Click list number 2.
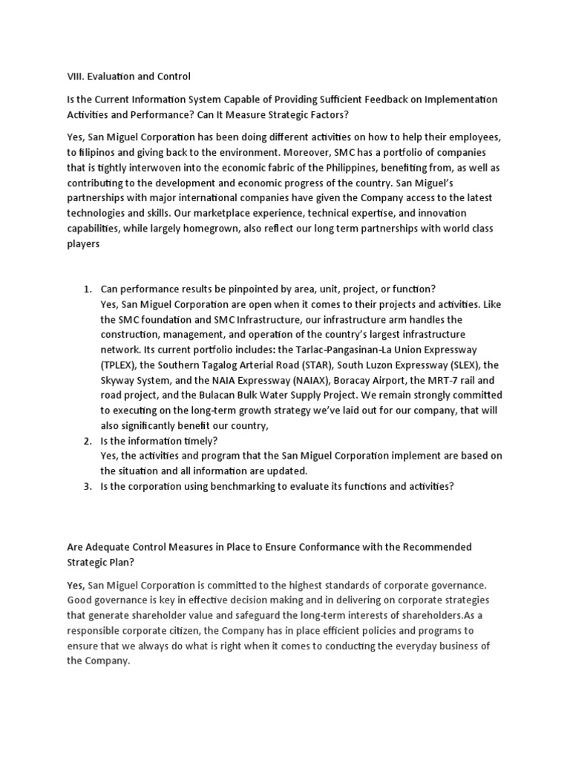(x=86, y=441)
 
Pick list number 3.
(x=86, y=486)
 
